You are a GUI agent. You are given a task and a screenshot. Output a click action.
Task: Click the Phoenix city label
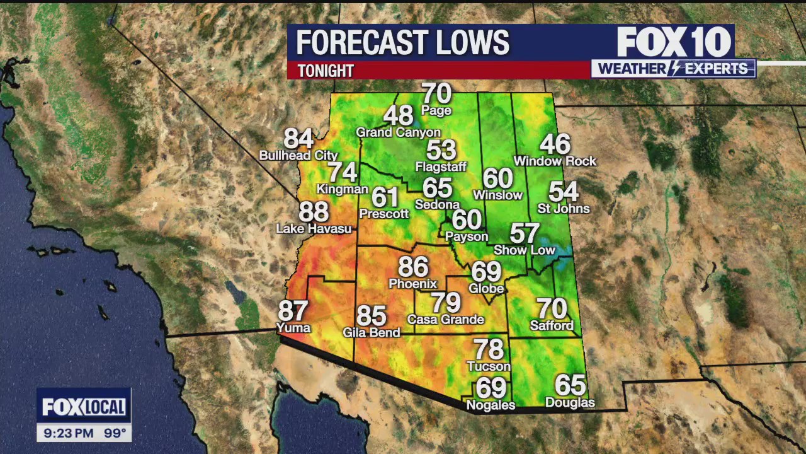[x=412, y=284]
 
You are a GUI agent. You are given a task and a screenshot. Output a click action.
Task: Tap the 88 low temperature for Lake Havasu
[x=314, y=212]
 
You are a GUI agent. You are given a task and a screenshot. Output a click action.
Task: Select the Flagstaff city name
[x=441, y=167]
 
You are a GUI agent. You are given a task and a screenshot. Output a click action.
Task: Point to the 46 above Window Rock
[x=555, y=144]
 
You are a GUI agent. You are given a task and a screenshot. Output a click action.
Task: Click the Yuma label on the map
[x=293, y=328]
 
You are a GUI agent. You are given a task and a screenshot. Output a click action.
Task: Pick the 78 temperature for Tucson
[x=489, y=349]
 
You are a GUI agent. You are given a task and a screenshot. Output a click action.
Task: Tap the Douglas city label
[x=570, y=402]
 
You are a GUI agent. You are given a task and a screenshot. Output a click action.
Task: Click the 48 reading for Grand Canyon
[x=398, y=115]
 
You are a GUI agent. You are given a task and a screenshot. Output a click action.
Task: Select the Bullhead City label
[x=298, y=155]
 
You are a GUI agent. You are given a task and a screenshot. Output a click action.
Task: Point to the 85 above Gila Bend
[x=372, y=315]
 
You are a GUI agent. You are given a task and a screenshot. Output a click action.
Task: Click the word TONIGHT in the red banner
[x=326, y=71]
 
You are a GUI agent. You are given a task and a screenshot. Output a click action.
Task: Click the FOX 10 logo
[x=674, y=42]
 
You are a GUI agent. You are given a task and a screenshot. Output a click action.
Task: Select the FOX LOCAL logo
[x=84, y=407]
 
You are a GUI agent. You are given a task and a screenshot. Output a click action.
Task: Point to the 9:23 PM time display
[x=69, y=434]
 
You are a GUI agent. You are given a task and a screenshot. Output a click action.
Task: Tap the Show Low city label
[x=525, y=250]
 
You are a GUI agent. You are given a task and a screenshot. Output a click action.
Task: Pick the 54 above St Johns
[x=564, y=192]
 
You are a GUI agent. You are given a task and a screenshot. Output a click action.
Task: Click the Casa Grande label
[x=446, y=320]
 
